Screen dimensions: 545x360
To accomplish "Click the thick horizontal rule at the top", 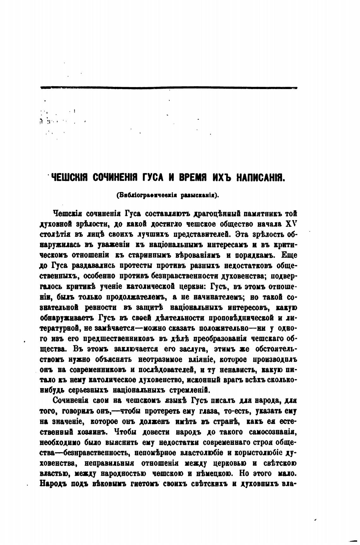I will pos(169,88).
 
